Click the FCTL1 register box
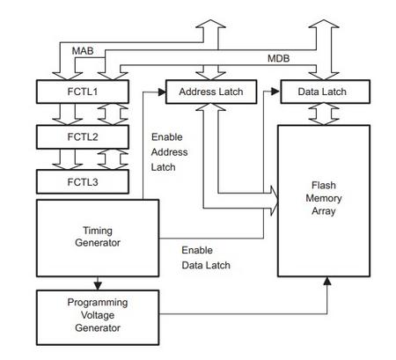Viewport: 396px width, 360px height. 83,92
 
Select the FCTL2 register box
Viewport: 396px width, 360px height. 83,137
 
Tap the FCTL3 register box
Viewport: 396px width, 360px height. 83,182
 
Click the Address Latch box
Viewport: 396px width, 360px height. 211,92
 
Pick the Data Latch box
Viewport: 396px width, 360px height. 325,92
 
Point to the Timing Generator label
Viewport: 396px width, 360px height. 98,237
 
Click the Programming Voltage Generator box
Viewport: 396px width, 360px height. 98,318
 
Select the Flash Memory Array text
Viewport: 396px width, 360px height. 324,198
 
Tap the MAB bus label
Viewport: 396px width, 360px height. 83,51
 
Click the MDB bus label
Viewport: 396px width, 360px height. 278,58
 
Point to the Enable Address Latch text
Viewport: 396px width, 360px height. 169,152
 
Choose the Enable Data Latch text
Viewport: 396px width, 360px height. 206,258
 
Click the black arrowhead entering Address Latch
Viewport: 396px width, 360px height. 162,92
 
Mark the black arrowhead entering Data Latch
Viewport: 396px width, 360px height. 275,92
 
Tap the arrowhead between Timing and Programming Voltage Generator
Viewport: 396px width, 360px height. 98,286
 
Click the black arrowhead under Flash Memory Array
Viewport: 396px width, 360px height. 327,281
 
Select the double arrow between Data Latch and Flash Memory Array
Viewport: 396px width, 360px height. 324,114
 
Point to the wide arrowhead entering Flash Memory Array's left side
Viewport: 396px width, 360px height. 274,201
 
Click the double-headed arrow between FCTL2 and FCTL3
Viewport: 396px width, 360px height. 113,159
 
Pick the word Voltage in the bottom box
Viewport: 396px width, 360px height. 98,315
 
